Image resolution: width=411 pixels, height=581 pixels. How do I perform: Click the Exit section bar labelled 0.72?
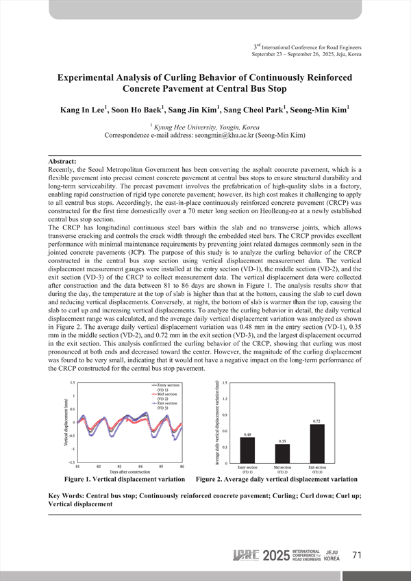coord(317,443)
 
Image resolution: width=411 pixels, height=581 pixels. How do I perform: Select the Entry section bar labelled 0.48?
coord(247,450)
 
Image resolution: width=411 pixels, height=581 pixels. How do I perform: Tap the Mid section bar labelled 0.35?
coord(282,454)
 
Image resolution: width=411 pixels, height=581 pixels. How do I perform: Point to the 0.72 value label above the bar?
coord(317,421)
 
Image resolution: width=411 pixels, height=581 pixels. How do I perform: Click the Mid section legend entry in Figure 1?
coord(167,396)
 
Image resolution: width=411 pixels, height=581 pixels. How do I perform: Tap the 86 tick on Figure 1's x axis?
coord(182,466)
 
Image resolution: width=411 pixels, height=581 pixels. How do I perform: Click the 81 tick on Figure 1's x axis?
coord(77,466)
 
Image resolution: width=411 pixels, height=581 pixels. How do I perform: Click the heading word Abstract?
coord(59,161)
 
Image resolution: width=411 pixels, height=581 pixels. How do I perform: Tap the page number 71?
coord(356,556)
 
